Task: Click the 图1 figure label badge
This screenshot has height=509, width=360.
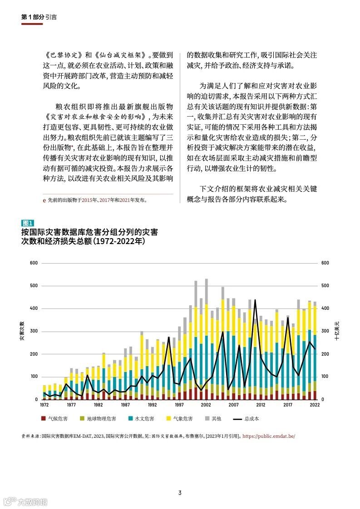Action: (28, 223)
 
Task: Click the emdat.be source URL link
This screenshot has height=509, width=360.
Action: (269, 436)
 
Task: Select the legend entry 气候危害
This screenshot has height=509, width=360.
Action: (56, 419)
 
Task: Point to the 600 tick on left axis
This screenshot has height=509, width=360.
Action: (34, 263)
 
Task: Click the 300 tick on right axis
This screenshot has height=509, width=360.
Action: (325, 332)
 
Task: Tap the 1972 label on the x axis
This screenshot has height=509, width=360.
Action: (44, 405)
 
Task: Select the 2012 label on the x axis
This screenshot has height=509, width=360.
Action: (261, 405)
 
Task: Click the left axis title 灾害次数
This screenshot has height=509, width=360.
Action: (22, 332)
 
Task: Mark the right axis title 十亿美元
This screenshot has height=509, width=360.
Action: (337, 332)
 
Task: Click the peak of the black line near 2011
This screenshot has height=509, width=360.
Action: (255, 300)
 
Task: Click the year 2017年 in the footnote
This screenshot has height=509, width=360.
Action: (107, 200)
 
